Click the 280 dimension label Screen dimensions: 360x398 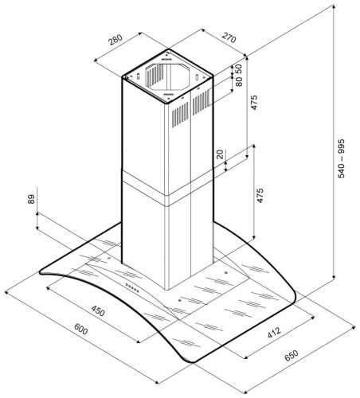(x=115, y=40)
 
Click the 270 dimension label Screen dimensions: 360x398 (x=229, y=37)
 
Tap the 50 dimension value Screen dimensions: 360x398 (x=239, y=69)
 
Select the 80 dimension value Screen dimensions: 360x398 (x=239, y=81)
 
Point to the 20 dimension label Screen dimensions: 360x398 (x=220, y=154)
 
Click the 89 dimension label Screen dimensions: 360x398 (x=31, y=199)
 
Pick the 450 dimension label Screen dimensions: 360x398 (x=98, y=310)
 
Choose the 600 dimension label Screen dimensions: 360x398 (x=80, y=329)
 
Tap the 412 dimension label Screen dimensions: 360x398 (x=274, y=333)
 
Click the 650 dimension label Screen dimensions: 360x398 (x=292, y=356)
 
